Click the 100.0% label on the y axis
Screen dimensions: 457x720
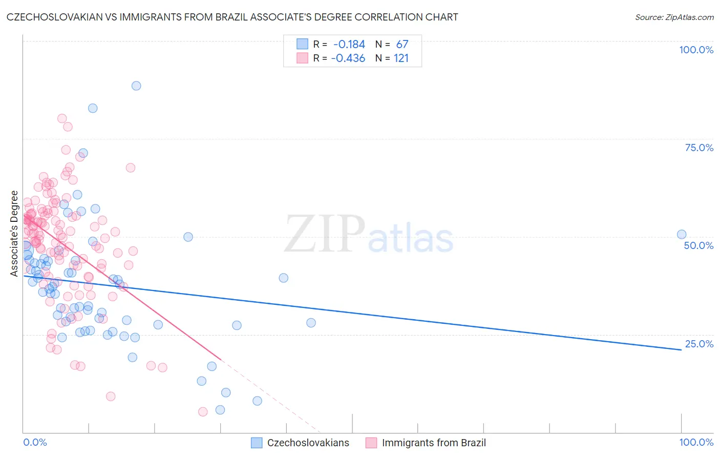(696, 50)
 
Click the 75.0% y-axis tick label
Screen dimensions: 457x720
(699, 148)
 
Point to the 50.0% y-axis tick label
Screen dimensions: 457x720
(698, 245)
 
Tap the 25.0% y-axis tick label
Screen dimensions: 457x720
(699, 344)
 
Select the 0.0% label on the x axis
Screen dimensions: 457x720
(35, 442)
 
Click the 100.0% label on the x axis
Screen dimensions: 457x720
(696, 442)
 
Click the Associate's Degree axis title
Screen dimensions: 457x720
(14, 233)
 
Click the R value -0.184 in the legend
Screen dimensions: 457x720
(349, 45)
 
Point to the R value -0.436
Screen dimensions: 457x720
(348, 58)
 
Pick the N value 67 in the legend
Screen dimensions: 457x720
(402, 45)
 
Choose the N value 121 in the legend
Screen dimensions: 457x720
(401, 58)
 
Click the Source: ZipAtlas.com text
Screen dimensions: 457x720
(674, 17)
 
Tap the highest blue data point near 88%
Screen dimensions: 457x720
(136, 86)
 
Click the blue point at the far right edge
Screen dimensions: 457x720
(682, 234)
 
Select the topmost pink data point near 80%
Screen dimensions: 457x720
(62, 118)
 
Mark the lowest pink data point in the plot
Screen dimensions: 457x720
(203, 411)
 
